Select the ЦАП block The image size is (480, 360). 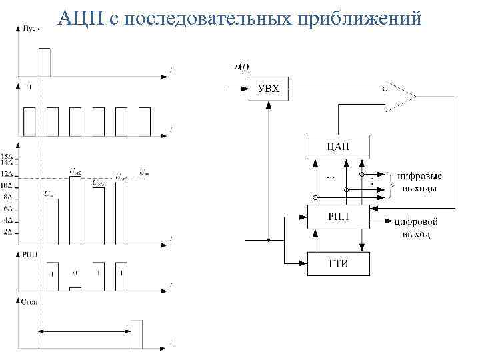337,147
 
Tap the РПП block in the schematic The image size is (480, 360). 337,216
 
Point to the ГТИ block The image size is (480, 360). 337,263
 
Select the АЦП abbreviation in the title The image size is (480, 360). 79,18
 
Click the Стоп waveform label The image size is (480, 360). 30,301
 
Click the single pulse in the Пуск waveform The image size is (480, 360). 45,62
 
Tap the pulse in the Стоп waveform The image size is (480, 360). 137,333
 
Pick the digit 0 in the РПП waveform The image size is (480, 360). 75,273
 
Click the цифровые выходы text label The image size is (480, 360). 417,182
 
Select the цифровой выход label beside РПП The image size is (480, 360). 415,228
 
